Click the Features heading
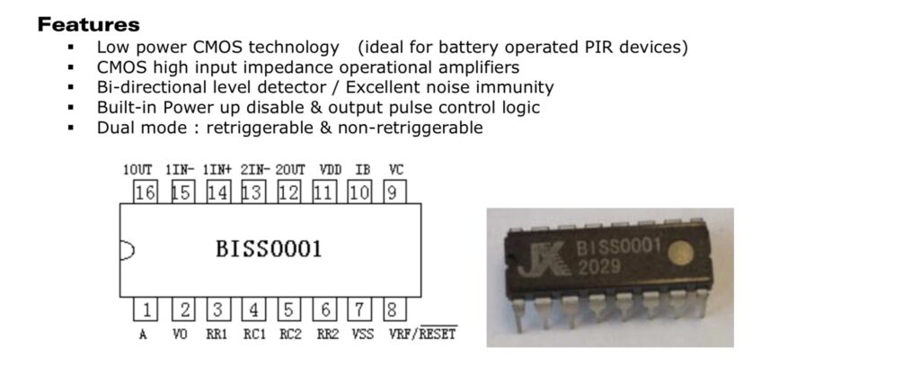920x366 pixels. click(x=88, y=24)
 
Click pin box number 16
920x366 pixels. click(x=144, y=192)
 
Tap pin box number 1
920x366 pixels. click(x=144, y=311)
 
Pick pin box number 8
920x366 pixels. click(x=393, y=311)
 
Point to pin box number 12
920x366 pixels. click(x=288, y=192)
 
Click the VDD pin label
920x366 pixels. click(x=330, y=170)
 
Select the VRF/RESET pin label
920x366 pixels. click(x=423, y=335)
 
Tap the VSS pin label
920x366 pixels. click(x=361, y=335)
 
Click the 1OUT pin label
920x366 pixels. click(x=138, y=170)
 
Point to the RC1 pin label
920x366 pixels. click(x=253, y=335)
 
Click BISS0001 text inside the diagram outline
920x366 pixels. click(x=269, y=249)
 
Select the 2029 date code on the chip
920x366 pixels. click(x=598, y=269)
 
